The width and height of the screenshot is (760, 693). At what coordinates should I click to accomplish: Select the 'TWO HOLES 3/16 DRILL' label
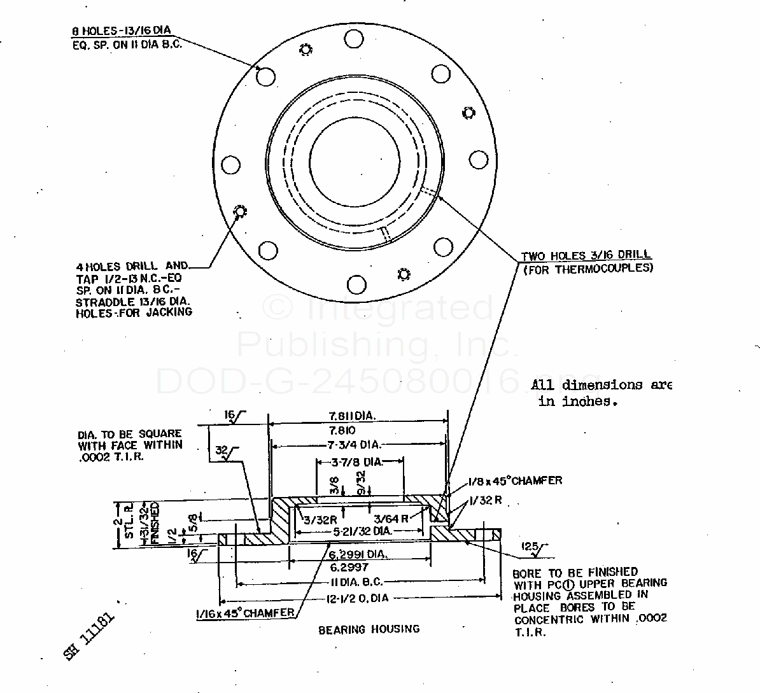point(585,256)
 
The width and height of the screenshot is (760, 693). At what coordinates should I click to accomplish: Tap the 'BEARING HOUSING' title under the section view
point(369,629)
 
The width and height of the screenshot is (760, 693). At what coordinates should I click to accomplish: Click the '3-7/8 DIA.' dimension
point(358,461)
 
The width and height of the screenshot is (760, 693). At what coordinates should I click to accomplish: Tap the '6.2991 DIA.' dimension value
point(357,554)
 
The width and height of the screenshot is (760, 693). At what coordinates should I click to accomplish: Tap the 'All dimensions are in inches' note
point(602,393)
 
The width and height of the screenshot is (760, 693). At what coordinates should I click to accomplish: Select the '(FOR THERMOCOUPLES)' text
point(588,269)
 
